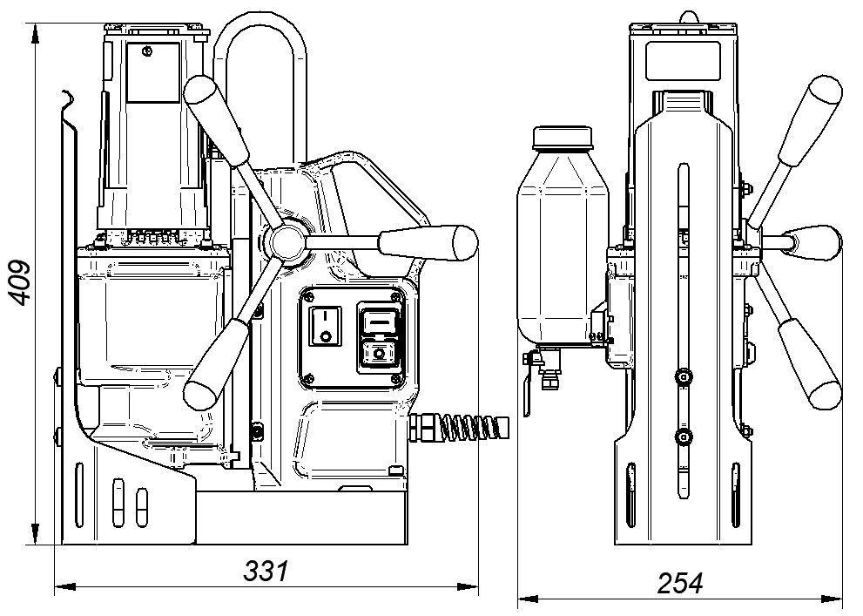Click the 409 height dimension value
pos(21,282)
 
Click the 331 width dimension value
pos(266,572)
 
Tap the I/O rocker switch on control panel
pos(325,327)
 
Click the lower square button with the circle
pos(379,354)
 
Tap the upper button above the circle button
pos(379,318)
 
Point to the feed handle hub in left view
pos(287,241)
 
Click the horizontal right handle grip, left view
pos(428,241)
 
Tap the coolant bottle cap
pos(563,138)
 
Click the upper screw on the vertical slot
pos(683,377)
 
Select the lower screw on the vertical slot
pos(683,438)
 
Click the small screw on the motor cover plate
pos(147,51)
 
